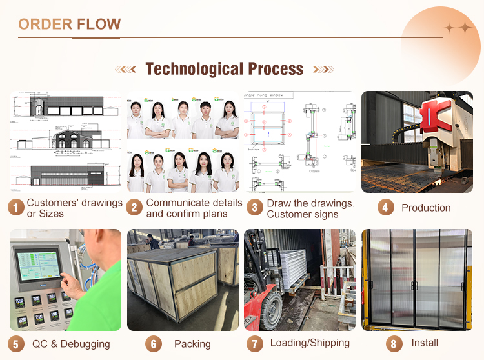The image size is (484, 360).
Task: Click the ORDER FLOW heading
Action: point(70,25)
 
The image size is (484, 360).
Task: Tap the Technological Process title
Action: point(224,69)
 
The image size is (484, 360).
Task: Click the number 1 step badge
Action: point(16,208)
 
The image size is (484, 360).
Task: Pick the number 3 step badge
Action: point(256,208)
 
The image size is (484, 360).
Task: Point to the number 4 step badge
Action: point(385,208)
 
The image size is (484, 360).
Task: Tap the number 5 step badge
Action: point(16,344)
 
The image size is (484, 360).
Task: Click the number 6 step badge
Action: point(153,344)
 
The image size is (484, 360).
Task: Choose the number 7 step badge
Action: point(256,344)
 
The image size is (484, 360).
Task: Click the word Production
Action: point(426,208)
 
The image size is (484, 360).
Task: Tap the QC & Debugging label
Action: point(71,344)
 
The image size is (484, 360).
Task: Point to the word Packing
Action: point(192,344)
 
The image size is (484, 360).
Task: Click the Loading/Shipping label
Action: point(310,343)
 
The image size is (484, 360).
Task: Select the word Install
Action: point(425,343)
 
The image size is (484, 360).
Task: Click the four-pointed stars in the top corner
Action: point(458,28)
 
